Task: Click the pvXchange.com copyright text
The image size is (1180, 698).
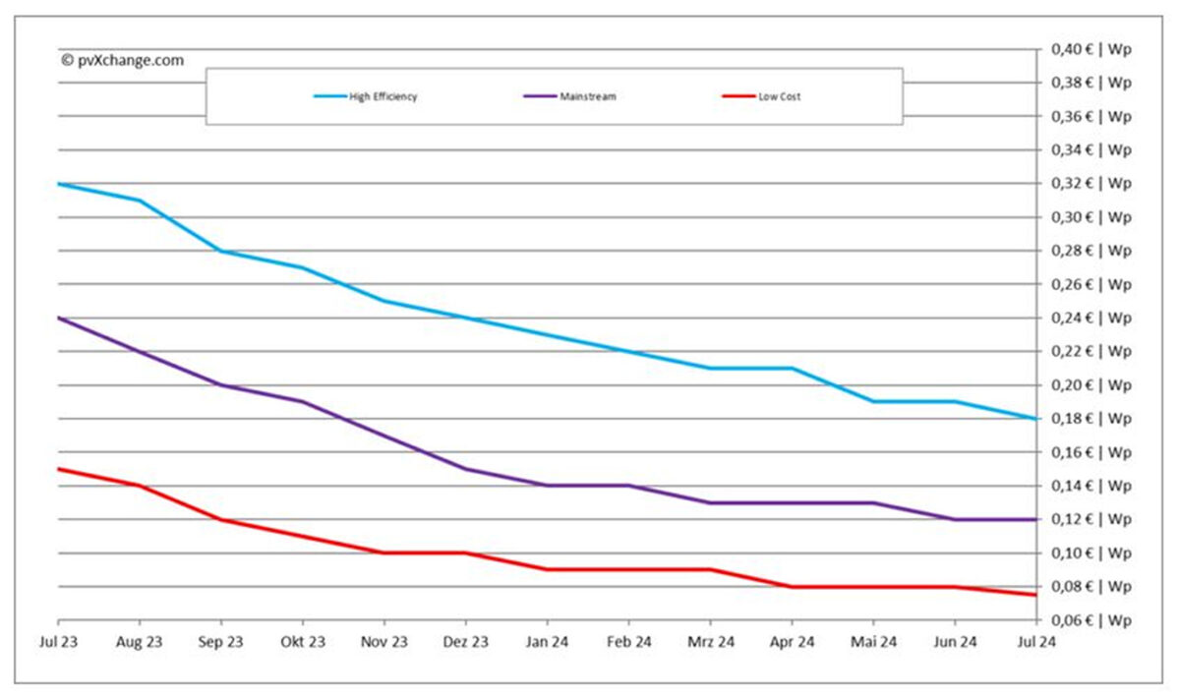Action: point(122,60)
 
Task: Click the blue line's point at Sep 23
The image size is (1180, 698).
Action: point(220,251)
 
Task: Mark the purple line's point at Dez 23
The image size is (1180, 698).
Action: point(465,469)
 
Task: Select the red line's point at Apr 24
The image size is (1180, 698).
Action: point(792,587)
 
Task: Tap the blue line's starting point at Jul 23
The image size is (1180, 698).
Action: point(58,184)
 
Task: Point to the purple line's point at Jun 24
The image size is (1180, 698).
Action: point(955,519)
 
